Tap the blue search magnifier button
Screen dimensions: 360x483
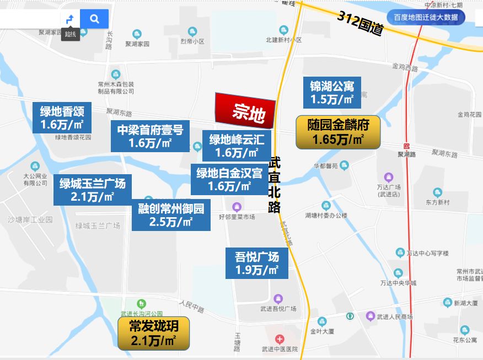point(94,19)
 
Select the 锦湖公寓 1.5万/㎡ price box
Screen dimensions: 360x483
point(332,93)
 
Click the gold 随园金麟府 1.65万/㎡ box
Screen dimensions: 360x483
point(338,132)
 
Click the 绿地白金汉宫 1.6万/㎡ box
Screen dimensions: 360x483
point(229,179)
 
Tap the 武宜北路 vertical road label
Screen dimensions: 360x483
point(275,185)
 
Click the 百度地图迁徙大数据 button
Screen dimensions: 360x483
point(426,17)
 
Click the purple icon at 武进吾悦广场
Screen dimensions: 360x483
point(278,298)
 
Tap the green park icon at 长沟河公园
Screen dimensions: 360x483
point(142,304)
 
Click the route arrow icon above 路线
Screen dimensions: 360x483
point(70,19)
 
